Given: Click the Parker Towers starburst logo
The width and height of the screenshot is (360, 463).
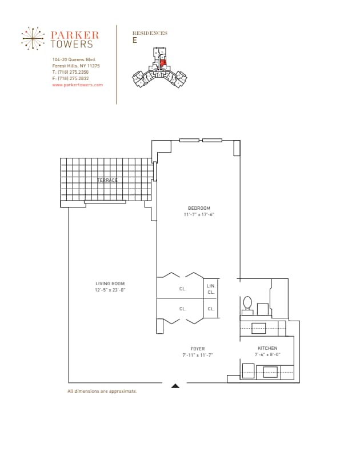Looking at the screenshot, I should pos(33,38).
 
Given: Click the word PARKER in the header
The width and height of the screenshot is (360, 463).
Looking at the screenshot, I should pos(75,35).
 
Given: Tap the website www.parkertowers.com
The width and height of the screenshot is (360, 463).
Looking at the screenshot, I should pos(77,85).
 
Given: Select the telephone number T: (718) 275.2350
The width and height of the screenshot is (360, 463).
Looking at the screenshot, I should pos(70,73).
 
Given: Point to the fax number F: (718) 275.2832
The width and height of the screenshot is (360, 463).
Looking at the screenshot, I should pos(70,79).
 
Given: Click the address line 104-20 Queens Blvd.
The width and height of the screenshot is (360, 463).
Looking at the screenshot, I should pos(74,60).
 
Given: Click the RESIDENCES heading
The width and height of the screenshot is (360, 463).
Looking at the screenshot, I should pos(150,33).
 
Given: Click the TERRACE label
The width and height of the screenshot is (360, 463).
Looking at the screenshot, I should pos(107,180).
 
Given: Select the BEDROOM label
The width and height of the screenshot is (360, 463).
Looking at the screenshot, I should pos(199,208).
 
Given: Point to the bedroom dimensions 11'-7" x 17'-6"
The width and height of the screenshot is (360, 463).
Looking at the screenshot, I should pos(199,214).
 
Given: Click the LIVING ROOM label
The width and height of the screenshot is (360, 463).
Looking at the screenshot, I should pos(110,284).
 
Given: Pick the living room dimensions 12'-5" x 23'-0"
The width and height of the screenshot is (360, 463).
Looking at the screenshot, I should pos(110,290).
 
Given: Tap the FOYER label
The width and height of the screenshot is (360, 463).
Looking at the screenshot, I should pos(198,349).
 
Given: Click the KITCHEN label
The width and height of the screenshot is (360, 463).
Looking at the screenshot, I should pos(267,348).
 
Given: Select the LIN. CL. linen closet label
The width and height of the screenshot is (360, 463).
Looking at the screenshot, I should pos(211,289).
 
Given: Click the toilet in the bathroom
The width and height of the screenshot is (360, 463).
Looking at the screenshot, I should pos(247,304).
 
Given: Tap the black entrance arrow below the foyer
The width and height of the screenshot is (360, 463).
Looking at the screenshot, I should pos(175,386).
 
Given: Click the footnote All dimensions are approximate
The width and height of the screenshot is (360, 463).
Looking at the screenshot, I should pos(102,392).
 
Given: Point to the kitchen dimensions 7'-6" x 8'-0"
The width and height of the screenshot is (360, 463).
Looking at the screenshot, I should pos(267,354).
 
